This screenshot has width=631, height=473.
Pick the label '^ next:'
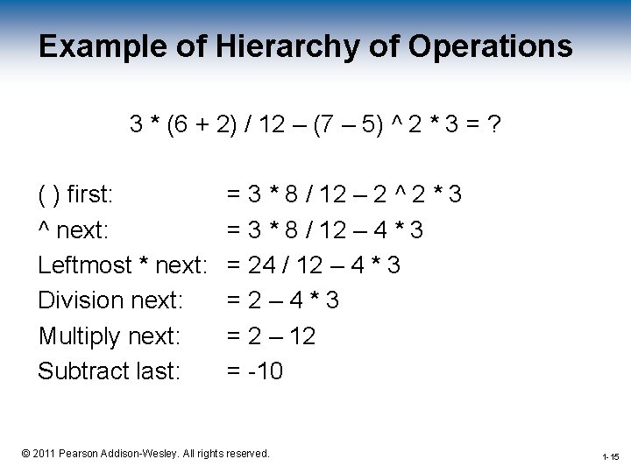(x=74, y=229)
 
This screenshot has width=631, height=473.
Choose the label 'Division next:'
(x=110, y=300)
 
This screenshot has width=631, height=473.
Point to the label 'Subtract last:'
(x=109, y=371)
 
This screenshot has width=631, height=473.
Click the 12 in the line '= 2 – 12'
(x=301, y=335)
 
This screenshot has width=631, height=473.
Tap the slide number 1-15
(x=611, y=457)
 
